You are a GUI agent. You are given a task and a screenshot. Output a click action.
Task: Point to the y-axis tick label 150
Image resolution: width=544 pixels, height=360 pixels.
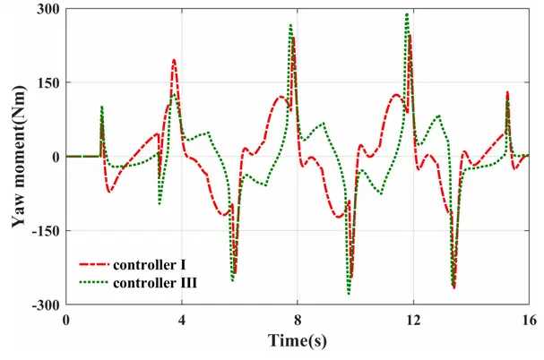click(47, 82)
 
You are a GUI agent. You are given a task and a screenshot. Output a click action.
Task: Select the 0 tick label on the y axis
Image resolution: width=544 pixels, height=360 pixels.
click(56, 157)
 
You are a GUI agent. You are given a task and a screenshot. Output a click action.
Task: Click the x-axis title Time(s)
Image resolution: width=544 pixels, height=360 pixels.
click(298, 340)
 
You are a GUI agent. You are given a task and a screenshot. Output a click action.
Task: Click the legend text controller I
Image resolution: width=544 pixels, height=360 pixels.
click(151, 266)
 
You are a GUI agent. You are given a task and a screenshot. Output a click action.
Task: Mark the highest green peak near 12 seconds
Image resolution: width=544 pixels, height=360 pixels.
click(407, 14)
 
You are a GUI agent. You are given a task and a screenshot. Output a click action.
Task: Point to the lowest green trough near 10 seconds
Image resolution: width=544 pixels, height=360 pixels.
click(349, 293)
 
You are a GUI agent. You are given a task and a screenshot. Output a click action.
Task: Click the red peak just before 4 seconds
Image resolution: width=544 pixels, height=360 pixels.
click(174, 61)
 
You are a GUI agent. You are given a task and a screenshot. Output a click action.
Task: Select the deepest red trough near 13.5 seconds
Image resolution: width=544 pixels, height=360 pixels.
click(454, 287)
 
